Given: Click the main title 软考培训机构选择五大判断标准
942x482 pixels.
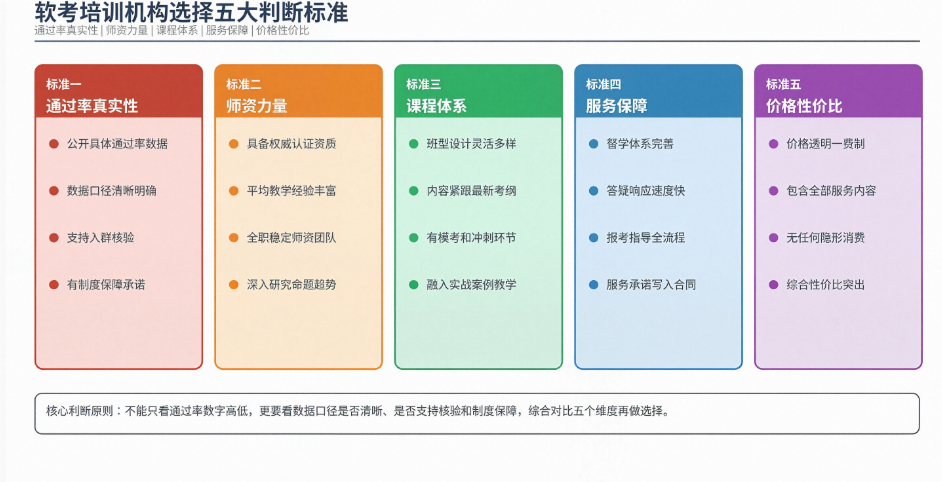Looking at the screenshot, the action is pos(191,13).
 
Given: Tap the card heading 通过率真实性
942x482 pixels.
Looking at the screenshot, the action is pos(92,106).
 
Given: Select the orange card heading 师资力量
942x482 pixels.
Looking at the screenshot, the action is pos(257,106).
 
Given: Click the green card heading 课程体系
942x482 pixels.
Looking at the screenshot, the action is pos(436,106).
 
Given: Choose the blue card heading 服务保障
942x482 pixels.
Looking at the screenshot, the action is pos(616,106).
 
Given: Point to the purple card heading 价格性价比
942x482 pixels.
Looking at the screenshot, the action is pos(804,106).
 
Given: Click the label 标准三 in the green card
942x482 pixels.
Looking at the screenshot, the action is pos(424,84).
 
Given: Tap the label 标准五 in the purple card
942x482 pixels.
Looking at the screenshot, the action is pos(783,84).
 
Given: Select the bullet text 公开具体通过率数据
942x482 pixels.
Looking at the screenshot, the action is pos(117,144).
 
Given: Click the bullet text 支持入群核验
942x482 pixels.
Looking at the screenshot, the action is pos(100,237).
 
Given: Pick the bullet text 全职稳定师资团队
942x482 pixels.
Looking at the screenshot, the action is pos(291,237).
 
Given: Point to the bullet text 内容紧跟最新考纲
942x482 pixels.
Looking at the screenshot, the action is pos(472,191).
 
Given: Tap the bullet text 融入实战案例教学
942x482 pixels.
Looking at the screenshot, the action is pos(472,284).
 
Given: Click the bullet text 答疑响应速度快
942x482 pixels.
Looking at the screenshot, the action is pos(646,191).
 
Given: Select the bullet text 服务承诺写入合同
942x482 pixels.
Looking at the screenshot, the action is pos(651,284).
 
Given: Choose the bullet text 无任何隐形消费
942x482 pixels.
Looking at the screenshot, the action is pos(825,237).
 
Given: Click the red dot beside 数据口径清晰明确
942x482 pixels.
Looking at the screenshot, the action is pos(54,191).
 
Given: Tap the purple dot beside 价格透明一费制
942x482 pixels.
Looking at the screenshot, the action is pos(774,144).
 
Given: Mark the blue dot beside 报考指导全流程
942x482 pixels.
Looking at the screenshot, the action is pos(594,238).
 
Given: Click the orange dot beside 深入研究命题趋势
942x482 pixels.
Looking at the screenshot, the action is pos(234,285).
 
